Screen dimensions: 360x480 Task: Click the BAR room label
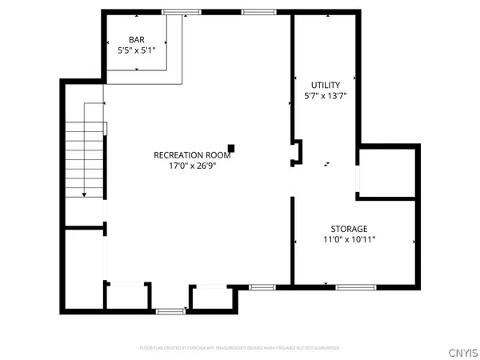[138, 40]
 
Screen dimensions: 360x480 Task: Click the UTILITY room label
[326, 85]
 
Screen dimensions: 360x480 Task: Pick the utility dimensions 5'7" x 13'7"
[326, 96]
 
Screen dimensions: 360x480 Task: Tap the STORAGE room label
[350, 228]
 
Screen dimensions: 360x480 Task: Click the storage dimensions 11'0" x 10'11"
[350, 239]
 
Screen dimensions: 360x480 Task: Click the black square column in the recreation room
[231, 147]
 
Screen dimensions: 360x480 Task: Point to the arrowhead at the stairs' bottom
[83, 194]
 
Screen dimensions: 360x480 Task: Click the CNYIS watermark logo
[463, 350]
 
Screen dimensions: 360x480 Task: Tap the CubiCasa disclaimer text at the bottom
[239, 348]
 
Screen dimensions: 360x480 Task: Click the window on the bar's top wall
[181, 11]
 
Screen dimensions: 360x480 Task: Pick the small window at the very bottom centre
[169, 310]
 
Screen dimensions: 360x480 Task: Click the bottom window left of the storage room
[262, 286]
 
